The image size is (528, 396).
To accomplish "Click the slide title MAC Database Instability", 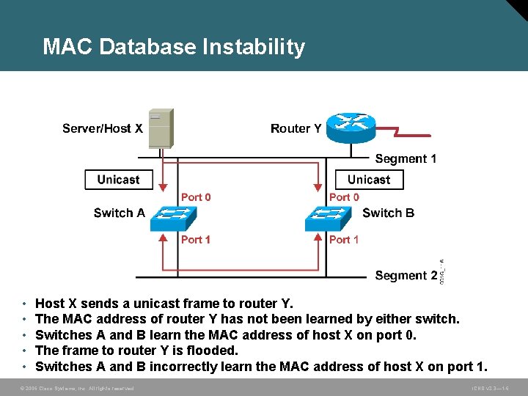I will pyautogui.click(x=174, y=47).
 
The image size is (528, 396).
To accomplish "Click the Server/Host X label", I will pyautogui.click(x=102, y=128).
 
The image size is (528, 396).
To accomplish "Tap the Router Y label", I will pyautogui.click(x=296, y=128).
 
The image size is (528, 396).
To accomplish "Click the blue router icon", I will pyautogui.click(x=351, y=128).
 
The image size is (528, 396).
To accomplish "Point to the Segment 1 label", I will pyautogui.click(x=406, y=158).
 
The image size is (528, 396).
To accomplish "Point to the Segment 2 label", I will pyautogui.click(x=406, y=275).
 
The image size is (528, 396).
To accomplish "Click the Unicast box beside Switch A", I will pyautogui.click(x=118, y=180).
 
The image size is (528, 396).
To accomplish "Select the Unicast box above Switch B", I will pyautogui.click(x=369, y=180).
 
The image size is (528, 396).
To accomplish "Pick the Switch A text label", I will pyautogui.click(x=120, y=213).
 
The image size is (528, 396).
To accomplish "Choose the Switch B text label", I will pyautogui.click(x=388, y=213).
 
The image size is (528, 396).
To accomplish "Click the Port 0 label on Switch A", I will pyautogui.click(x=196, y=197).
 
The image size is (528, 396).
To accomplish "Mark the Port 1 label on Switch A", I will pyautogui.click(x=196, y=239).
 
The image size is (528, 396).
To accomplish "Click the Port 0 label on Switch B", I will pyautogui.click(x=344, y=197).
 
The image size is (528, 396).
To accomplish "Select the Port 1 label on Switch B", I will pyautogui.click(x=344, y=239).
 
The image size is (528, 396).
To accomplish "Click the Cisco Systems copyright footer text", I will pyautogui.click(x=77, y=388).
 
